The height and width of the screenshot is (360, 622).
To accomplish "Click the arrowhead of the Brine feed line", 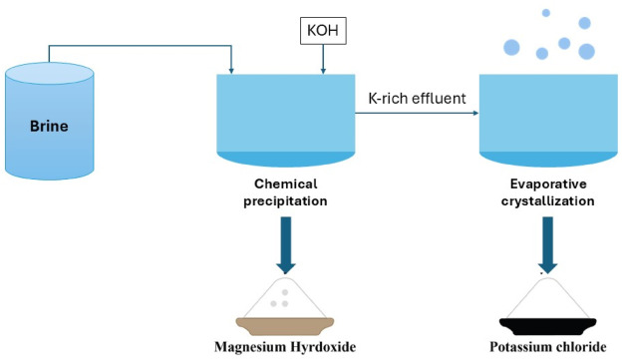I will click(231, 69).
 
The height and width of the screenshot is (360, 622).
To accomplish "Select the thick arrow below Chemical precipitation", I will click(286, 245).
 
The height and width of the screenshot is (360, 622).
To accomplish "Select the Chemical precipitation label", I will click(285, 192).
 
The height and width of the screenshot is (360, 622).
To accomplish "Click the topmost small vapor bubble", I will click(543, 12).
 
